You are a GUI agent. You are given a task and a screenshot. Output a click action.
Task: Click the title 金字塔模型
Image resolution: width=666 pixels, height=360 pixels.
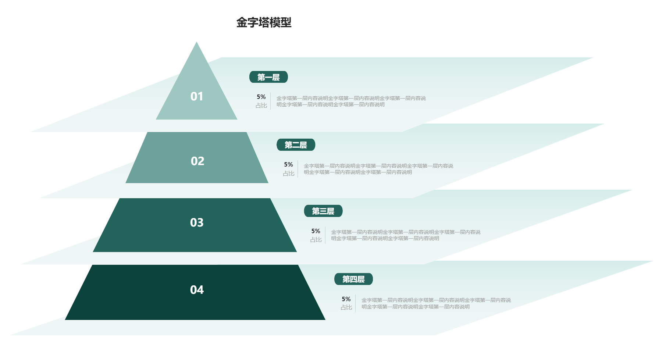(264, 22)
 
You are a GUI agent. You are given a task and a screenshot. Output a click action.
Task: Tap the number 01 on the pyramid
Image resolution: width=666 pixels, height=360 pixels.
(197, 96)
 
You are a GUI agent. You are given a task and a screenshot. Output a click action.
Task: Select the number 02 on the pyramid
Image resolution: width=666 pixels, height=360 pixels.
(197, 161)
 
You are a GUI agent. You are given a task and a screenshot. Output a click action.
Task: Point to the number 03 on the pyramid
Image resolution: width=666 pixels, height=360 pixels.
(197, 222)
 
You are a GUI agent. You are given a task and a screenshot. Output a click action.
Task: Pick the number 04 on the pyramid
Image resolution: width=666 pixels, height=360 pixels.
(197, 290)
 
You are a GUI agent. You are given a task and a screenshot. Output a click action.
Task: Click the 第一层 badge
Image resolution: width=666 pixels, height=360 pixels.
(268, 77)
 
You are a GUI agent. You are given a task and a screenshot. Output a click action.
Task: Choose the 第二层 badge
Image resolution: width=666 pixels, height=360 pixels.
(296, 145)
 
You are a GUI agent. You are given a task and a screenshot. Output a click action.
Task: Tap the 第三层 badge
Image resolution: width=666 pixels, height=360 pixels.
(323, 211)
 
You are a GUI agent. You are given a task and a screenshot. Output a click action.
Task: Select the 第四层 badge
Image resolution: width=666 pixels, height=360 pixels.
(353, 279)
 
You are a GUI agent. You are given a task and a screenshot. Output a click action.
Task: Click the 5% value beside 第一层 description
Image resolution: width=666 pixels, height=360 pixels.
(261, 97)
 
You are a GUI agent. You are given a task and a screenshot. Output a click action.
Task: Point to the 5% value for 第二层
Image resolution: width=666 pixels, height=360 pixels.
(288, 164)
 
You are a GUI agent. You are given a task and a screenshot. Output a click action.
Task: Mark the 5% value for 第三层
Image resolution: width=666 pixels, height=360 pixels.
(316, 231)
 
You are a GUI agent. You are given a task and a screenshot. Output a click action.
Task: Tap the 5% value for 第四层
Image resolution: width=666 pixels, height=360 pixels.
(346, 299)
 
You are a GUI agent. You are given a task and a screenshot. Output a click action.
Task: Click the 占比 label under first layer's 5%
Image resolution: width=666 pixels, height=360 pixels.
(261, 106)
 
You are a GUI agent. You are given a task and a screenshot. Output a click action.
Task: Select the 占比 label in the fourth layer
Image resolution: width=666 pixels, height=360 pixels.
(346, 307)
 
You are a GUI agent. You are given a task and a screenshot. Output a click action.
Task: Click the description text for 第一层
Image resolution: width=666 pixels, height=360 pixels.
(351, 101)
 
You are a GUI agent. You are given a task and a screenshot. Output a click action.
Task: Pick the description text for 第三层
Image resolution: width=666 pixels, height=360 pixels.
(406, 235)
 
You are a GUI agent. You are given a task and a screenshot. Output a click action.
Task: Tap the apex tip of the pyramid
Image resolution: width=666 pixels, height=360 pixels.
(197, 42)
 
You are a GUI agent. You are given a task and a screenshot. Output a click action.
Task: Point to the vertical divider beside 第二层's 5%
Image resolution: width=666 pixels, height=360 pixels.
(298, 169)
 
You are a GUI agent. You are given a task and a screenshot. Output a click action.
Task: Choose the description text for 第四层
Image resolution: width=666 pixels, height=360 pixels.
(436, 303)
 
